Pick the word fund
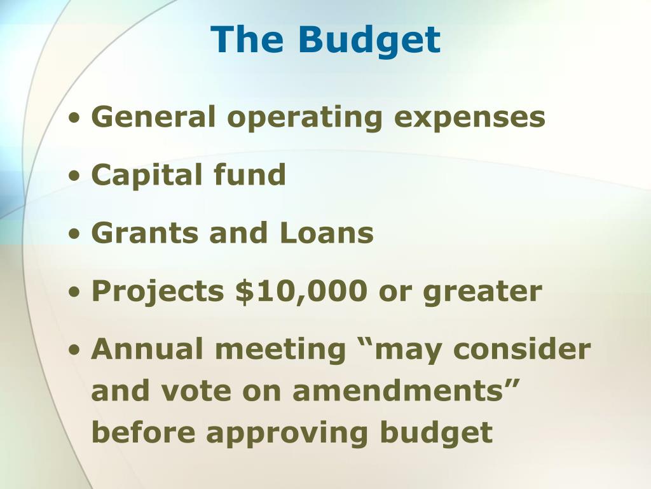(250, 174)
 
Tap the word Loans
(327, 232)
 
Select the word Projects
(158, 292)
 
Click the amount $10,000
(301, 291)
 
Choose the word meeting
(280, 350)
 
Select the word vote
(196, 392)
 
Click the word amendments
(398, 391)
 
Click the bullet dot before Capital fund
(74, 176)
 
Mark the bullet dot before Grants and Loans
(74, 234)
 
